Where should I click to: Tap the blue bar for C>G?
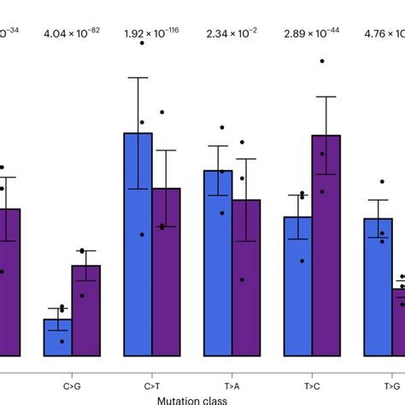pos(58,337)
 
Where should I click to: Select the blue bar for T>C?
pos(297,285)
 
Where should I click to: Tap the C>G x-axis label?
pos(72,374)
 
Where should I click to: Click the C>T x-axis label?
pos(152,374)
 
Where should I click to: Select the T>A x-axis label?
pos(232,374)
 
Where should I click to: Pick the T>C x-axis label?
pos(312,374)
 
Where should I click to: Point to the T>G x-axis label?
pos(391,374)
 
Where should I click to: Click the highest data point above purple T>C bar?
pos(322,62)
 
